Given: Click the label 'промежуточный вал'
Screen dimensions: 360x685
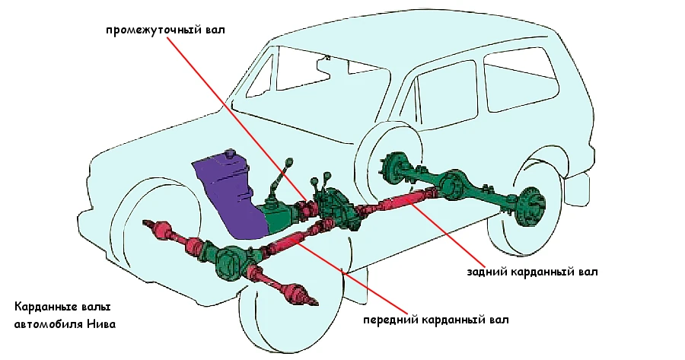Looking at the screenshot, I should tap(167, 30).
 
